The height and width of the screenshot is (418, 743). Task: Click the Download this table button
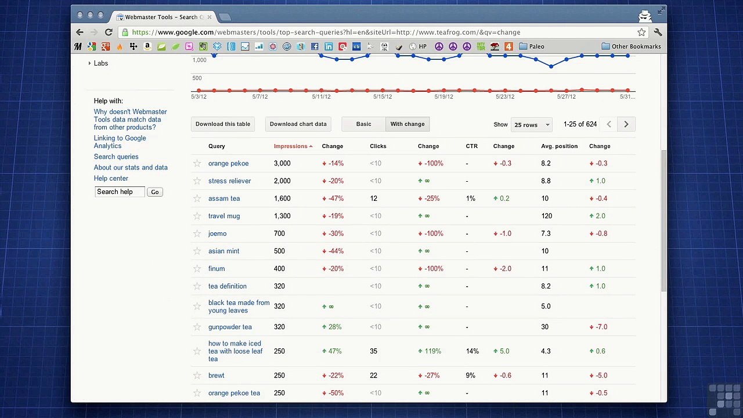coord(223,124)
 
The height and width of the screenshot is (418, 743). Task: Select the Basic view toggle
coord(363,124)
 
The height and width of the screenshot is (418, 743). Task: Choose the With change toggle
coord(407,124)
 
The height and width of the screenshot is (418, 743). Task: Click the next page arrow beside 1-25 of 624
coord(626,124)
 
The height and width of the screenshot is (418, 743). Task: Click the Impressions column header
coord(291,146)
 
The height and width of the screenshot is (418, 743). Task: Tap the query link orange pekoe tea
coord(234,393)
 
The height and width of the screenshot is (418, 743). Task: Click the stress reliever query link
coord(229,181)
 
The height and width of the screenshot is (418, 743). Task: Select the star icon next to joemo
coord(197,233)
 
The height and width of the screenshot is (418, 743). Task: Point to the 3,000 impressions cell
coord(282,164)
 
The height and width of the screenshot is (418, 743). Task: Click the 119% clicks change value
coord(432,351)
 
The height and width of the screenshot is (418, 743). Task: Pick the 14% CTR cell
coord(472,351)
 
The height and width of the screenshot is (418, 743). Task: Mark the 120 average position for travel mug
coord(546,216)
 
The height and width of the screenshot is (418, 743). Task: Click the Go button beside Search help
coord(154,192)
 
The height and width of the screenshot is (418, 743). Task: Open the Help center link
coord(111,178)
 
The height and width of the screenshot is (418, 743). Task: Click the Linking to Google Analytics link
coord(120,142)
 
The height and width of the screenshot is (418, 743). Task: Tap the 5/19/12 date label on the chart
coord(443,97)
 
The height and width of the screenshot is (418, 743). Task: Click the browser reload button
coord(109,33)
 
